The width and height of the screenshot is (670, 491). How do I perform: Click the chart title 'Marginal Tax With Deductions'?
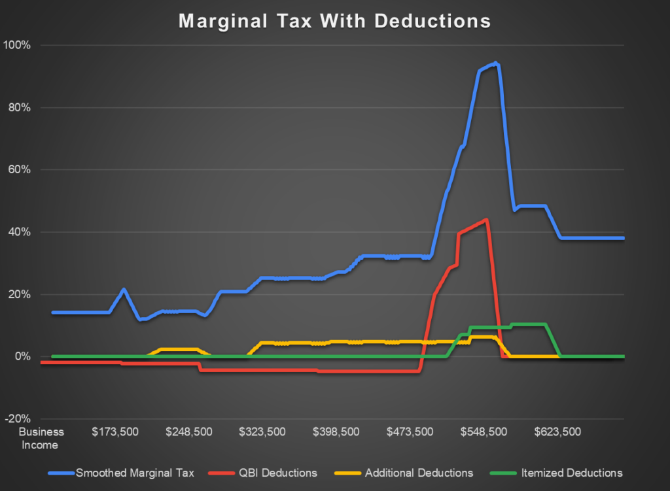coord(334,21)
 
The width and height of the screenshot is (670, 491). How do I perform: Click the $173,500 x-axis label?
coord(115,432)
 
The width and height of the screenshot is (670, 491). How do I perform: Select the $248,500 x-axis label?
coord(188,432)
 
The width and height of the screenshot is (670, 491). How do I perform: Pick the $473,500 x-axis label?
coord(410,432)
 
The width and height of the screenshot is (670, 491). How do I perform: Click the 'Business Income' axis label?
coord(41,439)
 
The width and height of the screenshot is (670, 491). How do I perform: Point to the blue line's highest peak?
coord(496,63)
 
